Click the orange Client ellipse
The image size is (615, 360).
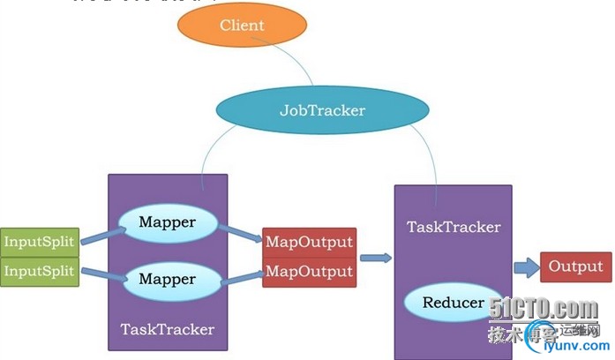[x=241, y=26]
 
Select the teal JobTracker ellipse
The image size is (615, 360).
[x=322, y=111]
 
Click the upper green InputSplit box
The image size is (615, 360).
[x=40, y=240]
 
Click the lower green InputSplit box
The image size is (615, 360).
[x=40, y=270]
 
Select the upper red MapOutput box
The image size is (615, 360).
[x=309, y=241]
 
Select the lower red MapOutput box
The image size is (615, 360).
[x=309, y=270]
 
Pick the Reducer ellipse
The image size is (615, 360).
[x=453, y=303]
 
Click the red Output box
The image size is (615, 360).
[x=575, y=266]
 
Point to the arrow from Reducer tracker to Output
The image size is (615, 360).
[x=526, y=266]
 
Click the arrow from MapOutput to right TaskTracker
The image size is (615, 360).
[x=375, y=258]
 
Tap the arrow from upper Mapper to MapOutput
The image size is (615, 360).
[x=240, y=233]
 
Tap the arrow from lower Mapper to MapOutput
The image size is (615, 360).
[x=240, y=277]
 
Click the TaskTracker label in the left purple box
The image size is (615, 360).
[x=167, y=329]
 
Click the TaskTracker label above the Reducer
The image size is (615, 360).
[x=453, y=227]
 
